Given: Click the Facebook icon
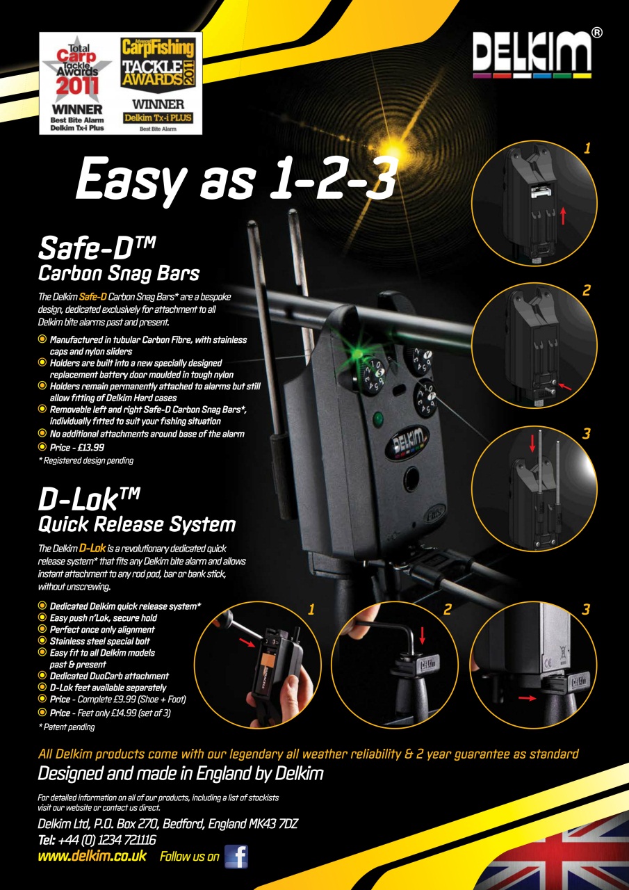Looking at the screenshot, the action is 236,857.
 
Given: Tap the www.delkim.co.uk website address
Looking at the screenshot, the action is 92,855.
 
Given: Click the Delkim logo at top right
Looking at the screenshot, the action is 532,54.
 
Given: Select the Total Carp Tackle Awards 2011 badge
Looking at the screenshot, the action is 77,84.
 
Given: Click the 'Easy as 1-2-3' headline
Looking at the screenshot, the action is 237,179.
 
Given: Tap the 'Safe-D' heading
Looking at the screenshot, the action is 97,248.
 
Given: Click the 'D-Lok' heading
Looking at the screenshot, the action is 89,499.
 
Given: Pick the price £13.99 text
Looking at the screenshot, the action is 77,447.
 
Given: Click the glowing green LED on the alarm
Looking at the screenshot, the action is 358,353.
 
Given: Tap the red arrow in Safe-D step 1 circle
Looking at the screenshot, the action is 563,216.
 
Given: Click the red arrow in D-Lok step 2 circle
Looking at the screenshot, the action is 422,636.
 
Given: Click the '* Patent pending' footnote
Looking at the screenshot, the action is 66,727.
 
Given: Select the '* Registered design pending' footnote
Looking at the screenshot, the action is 85,460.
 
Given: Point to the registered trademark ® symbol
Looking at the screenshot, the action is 596,33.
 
